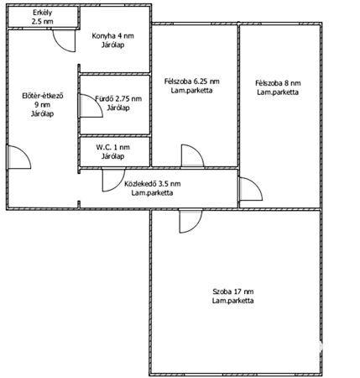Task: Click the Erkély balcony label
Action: [43, 13]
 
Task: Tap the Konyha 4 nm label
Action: [113, 36]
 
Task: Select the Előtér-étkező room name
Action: [43, 96]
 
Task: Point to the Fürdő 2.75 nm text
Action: [118, 98]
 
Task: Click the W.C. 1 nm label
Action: [113, 147]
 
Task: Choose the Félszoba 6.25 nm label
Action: [192, 81]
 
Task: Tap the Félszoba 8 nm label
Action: [278, 83]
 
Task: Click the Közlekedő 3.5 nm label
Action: [153, 184]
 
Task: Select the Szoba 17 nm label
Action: [233, 291]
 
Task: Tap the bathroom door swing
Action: [90, 106]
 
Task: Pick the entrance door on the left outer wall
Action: [18, 157]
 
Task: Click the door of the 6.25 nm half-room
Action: [193, 156]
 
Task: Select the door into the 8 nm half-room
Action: [250, 189]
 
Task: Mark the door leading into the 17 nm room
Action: [190, 221]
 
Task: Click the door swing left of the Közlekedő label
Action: [113, 180]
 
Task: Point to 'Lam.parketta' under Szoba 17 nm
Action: [233, 301]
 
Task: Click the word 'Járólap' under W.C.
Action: [113, 156]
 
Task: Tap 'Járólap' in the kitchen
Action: [113, 45]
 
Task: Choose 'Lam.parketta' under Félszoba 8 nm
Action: [278, 92]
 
